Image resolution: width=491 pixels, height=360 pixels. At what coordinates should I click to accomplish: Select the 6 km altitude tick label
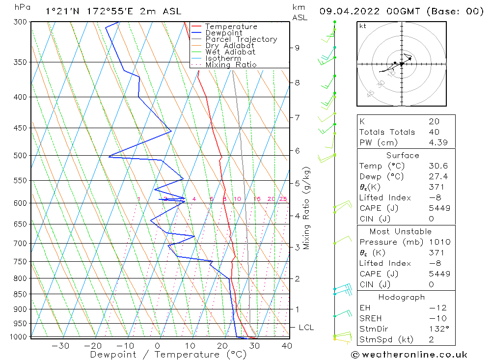(x=297, y=150)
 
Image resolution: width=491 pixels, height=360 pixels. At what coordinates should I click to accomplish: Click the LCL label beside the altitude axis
(x=306, y=328)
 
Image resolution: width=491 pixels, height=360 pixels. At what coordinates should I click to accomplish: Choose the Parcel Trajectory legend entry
(x=241, y=39)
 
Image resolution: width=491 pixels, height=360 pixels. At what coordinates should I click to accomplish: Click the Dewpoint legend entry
(x=223, y=33)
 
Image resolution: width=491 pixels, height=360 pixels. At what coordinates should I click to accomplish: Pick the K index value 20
(x=434, y=121)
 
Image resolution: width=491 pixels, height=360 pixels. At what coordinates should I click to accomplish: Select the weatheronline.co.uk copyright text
(x=409, y=354)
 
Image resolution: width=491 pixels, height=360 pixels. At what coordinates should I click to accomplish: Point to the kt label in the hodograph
(x=362, y=26)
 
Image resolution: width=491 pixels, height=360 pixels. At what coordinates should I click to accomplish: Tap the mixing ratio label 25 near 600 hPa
(x=283, y=199)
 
